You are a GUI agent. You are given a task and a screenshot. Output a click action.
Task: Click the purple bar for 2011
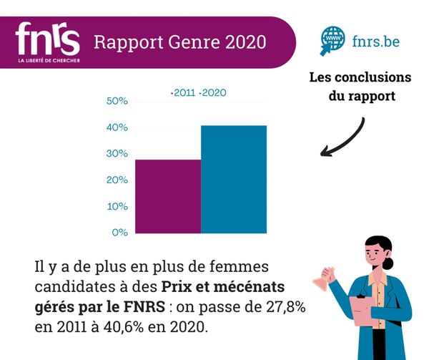(168, 196)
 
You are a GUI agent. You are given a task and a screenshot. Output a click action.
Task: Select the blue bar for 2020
(234, 179)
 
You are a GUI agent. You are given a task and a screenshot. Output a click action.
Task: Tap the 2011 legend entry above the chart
(184, 92)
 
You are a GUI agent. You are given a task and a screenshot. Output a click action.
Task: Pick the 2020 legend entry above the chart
(213, 92)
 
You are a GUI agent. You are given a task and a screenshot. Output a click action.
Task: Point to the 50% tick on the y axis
(117, 102)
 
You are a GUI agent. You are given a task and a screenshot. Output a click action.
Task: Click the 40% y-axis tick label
(117, 128)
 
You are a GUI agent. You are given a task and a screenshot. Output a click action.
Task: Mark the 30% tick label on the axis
(117, 154)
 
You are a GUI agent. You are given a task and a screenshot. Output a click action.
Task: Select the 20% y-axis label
(117, 180)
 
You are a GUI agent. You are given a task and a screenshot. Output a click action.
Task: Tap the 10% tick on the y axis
(117, 206)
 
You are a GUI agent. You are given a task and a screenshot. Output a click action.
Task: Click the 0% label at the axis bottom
(119, 233)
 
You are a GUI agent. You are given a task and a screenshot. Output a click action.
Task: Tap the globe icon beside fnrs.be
(332, 40)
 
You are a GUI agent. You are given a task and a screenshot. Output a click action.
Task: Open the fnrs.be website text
(375, 41)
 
